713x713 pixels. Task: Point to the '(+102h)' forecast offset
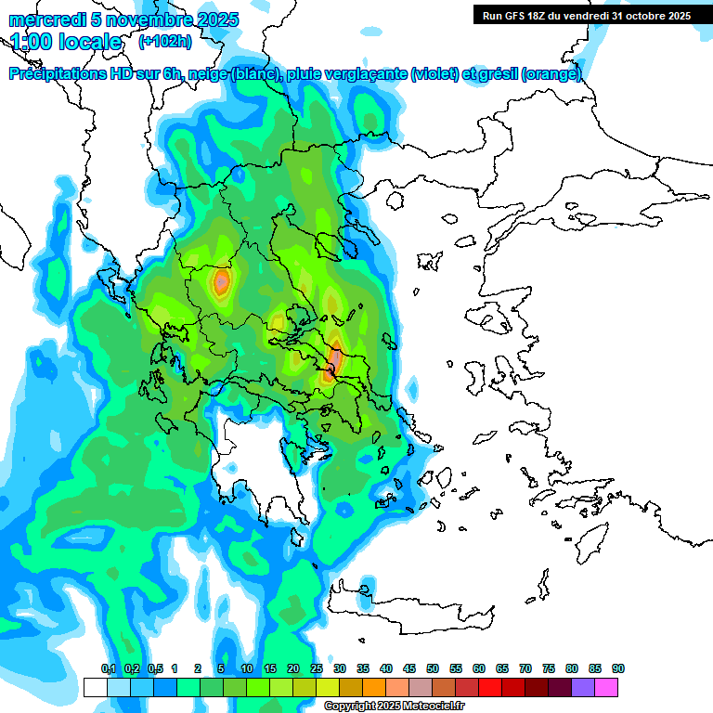[164, 41]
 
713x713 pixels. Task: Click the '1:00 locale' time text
[67, 42]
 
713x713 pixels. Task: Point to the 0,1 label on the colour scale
[108, 669]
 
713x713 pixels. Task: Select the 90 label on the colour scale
[617, 669]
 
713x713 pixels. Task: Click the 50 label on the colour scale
[433, 669]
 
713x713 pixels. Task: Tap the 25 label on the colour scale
[317, 669]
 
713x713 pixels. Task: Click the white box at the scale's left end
[95, 687]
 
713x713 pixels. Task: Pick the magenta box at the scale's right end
[606, 687]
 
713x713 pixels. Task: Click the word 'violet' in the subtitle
[434, 74]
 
